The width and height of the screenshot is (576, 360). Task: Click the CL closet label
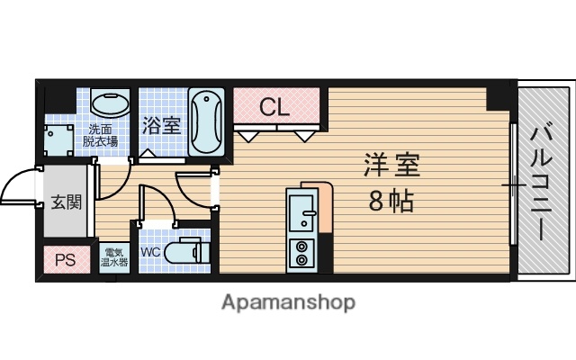click(274, 107)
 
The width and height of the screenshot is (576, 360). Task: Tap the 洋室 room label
click(391, 167)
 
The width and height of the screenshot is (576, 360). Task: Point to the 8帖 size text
click(391, 201)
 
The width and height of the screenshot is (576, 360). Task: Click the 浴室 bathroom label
click(161, 125)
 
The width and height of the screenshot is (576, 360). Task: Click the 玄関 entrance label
click(65, 201)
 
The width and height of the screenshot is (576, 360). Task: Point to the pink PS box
click(65, 261)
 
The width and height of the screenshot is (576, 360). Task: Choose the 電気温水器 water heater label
click(114, 257)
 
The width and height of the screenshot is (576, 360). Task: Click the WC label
click(149, 252)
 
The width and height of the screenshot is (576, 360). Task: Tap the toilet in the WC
click(189, 251)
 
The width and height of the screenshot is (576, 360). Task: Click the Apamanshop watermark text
click(288, 302)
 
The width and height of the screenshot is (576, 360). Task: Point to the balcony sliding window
click(513, 184)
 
